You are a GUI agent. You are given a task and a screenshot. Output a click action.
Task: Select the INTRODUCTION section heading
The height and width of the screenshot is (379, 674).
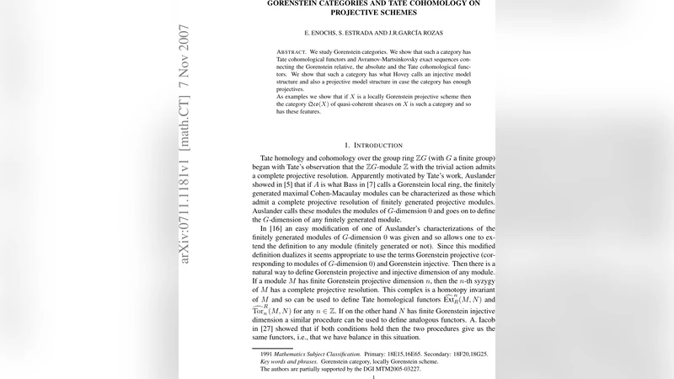(381, 145)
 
